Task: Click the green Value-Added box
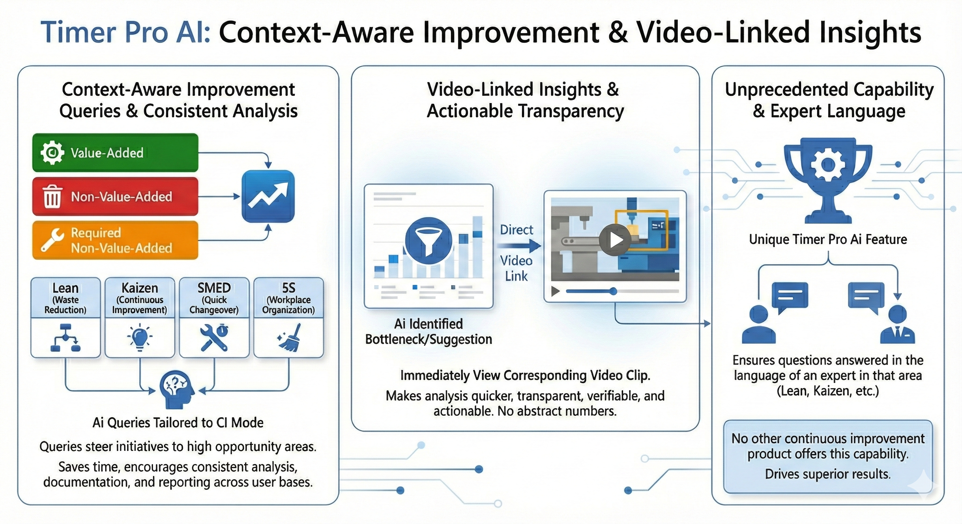pos(115,152)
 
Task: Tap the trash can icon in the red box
pos(52,196)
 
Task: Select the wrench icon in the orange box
pos(52,240)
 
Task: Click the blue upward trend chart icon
pos(268,196)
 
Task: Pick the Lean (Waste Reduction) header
pos(65,297)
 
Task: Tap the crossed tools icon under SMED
pos(214,337)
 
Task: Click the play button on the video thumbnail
pos(614,240)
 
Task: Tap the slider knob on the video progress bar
pos(613,291)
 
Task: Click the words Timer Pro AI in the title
pos(125,32)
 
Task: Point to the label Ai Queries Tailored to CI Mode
pos(178,423)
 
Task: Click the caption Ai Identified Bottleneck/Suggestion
pos(428,332)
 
